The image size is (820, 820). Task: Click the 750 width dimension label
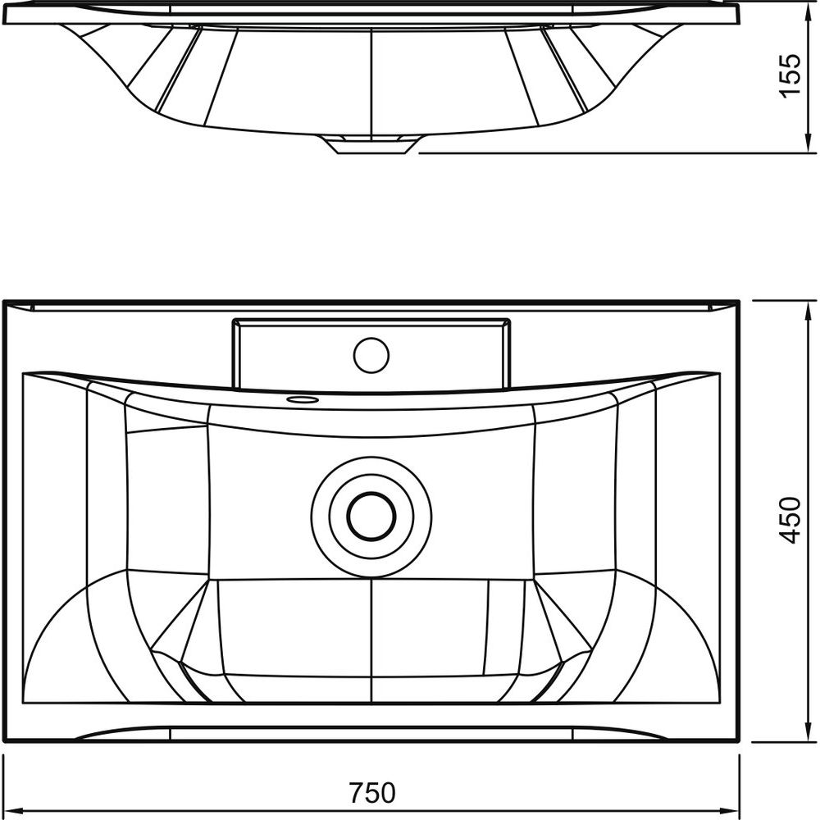372,793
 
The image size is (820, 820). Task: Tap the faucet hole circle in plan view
371,355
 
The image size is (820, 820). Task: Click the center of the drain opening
371,516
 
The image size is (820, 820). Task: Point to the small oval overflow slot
303,399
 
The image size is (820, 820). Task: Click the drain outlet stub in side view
371,144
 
